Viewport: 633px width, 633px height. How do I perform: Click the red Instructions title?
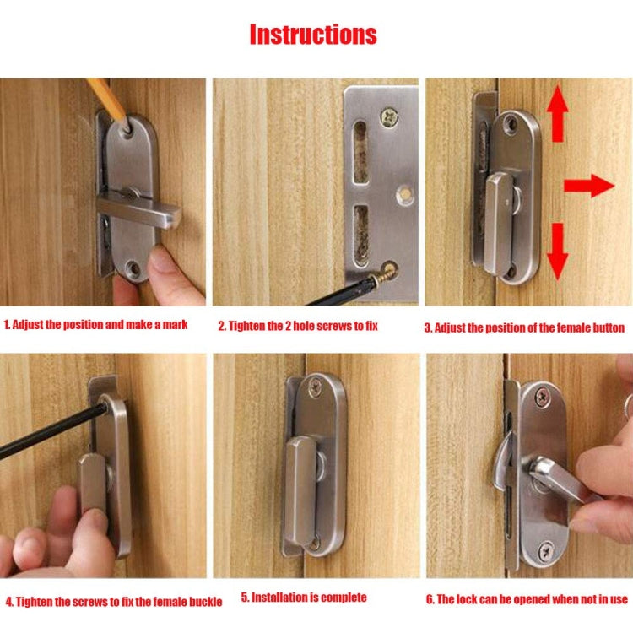313,35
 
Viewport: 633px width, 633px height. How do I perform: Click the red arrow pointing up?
558,117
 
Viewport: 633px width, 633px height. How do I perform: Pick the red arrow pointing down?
558,251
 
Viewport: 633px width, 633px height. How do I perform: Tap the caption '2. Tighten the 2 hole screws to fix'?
309,326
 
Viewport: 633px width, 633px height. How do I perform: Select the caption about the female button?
524,327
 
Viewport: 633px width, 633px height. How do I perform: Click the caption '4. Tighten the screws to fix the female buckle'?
114,602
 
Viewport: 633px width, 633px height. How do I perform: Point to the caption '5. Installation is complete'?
304,598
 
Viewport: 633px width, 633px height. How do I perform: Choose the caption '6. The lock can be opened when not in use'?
527,599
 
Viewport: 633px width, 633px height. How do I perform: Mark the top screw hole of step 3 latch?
511,124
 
